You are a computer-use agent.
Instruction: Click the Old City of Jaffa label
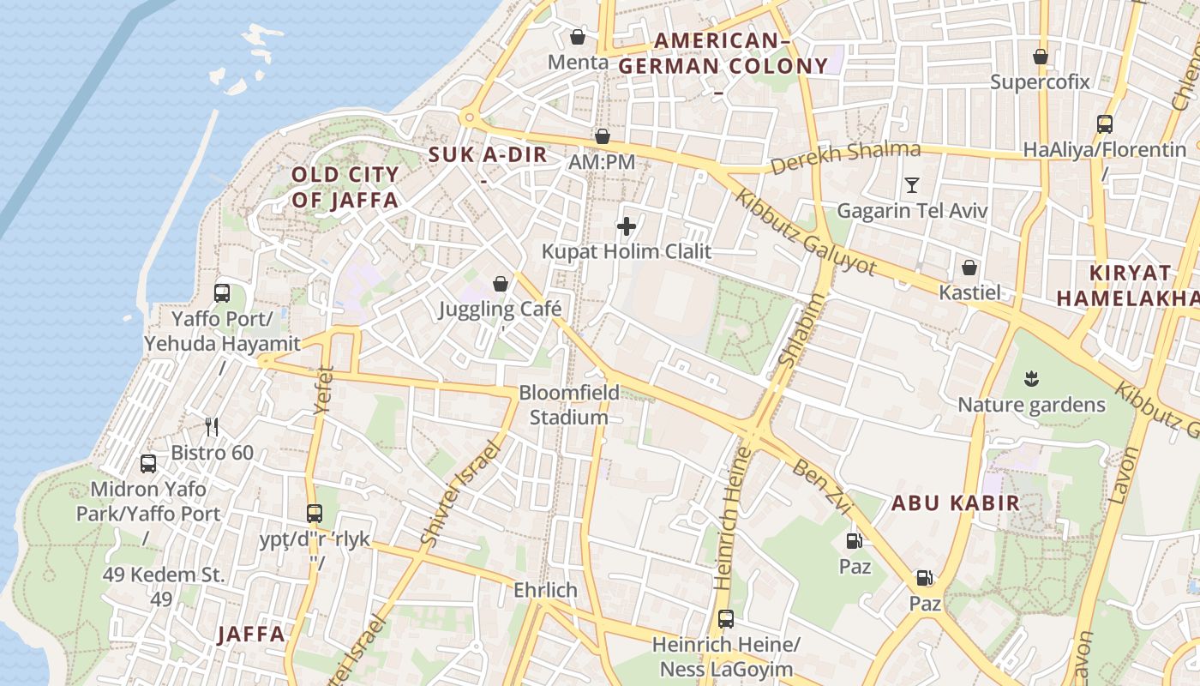pos(345,188)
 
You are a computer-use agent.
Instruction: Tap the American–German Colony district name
pos(723,53)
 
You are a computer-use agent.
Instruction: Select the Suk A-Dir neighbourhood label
pos(487,156)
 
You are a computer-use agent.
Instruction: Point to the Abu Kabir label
pos(956,503)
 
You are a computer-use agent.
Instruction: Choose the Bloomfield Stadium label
pos(568,405)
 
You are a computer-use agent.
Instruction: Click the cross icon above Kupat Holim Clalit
pos(627,226)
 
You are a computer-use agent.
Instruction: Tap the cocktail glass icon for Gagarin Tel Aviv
pos(912,184)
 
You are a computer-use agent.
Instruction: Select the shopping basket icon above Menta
pos(578,37)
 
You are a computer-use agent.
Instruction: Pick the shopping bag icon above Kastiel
pos(969,268)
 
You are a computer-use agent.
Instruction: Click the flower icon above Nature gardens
pos(1031,378)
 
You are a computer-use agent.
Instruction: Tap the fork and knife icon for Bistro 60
pos(212,426)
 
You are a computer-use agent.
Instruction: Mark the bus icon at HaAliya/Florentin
pos(1105,123)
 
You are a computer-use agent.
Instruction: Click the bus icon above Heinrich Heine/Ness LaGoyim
pos(726,618)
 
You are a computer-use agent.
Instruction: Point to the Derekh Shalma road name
pos(845,158)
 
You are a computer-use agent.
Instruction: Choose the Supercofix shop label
pos(1040,82)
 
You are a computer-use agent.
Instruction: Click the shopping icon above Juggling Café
pos(501,283)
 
